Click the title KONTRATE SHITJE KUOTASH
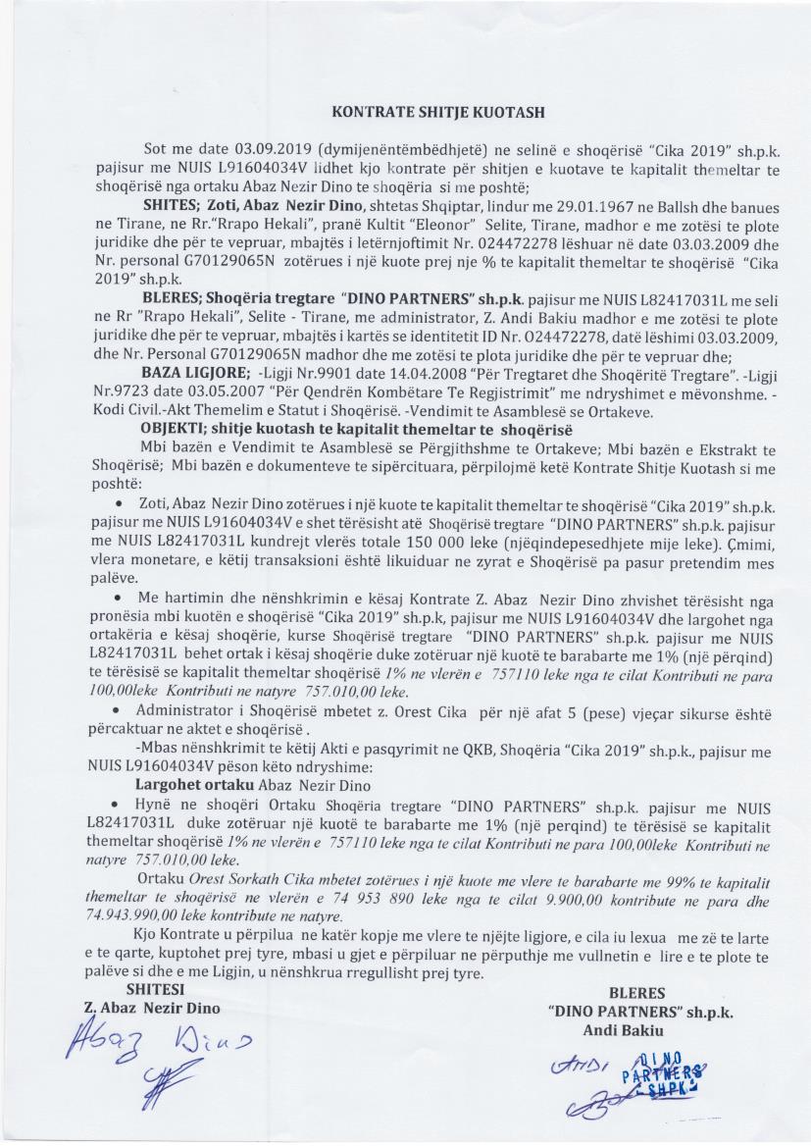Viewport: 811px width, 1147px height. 437,113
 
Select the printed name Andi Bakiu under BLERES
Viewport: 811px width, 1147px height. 624,1029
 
